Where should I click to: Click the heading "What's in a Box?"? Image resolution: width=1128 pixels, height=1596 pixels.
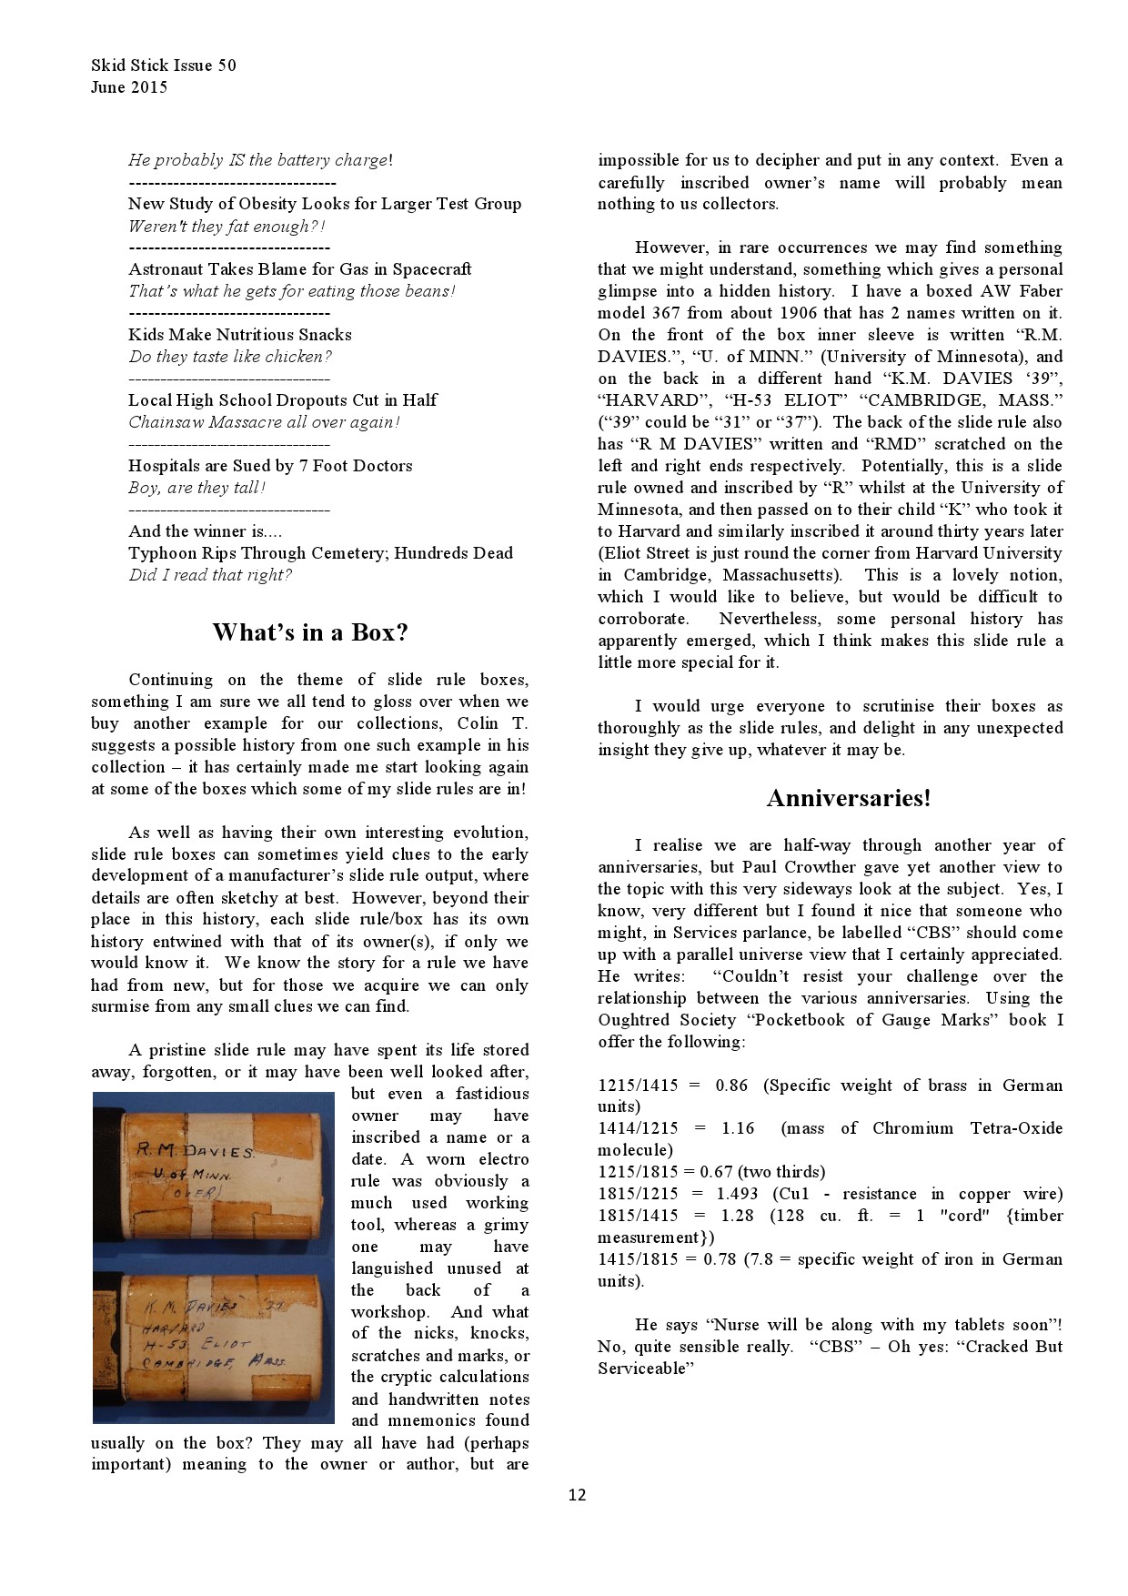pos(310,632)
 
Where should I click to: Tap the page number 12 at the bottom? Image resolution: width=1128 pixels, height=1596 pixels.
pos(577,1494)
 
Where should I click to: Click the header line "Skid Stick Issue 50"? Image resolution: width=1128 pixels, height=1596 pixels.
pos(164,65)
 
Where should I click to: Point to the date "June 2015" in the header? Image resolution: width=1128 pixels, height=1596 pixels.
pos(129,87)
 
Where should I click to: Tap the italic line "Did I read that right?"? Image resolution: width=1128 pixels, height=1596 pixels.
pos(210,575)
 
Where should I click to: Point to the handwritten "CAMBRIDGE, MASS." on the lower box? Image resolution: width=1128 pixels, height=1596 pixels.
pos(214,1362)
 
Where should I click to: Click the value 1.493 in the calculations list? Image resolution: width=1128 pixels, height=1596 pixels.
pos(738,1194)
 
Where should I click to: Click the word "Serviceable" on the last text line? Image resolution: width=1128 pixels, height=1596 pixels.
pos(646,1369)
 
